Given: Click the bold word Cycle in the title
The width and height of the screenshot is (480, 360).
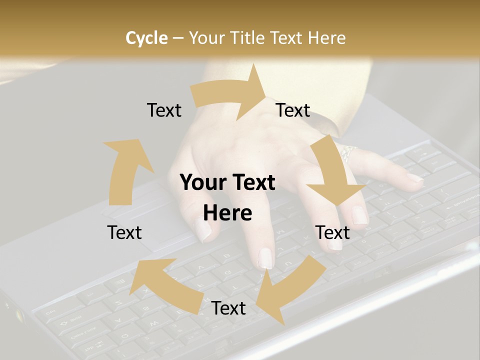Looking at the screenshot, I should click(146, 38).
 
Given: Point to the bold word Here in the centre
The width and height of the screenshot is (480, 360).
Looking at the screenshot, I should click(227, 213).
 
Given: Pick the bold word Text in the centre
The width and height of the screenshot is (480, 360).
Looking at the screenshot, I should click(251, 182).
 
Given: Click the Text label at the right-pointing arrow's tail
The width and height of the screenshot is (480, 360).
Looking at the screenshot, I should click(164, 110).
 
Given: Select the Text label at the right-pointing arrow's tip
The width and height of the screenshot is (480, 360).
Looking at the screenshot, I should click(293, 110).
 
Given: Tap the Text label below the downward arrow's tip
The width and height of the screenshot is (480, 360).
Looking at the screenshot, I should click(332, 232).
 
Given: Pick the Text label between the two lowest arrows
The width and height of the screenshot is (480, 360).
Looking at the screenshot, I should click(228, 308).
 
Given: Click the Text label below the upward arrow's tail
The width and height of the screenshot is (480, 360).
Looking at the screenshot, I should click(124, 232).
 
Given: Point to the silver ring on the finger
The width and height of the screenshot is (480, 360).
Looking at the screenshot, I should click(348, 152).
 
